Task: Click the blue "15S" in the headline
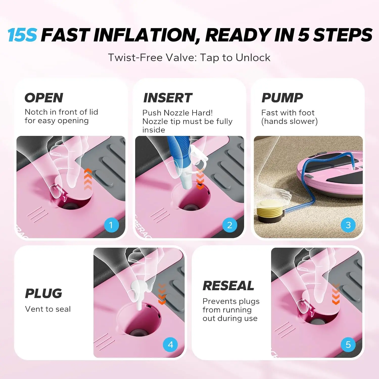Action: point(22,35)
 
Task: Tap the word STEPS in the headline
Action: point(343,35)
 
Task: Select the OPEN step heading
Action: point(44,98)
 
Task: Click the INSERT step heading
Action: point(168,98)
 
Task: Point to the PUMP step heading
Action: point(282,98)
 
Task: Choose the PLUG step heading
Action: point(43,293)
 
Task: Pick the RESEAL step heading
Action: point(228,286)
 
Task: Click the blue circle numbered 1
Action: point(111,225)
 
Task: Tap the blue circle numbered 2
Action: point(230,225)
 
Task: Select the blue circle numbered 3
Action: point(348,225)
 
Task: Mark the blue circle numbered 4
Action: point(171,345)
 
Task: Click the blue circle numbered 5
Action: point(348,345)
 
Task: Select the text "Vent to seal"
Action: point(48,309)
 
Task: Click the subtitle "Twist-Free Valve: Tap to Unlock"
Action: point(189,58)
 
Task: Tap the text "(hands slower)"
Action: point(290,121)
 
